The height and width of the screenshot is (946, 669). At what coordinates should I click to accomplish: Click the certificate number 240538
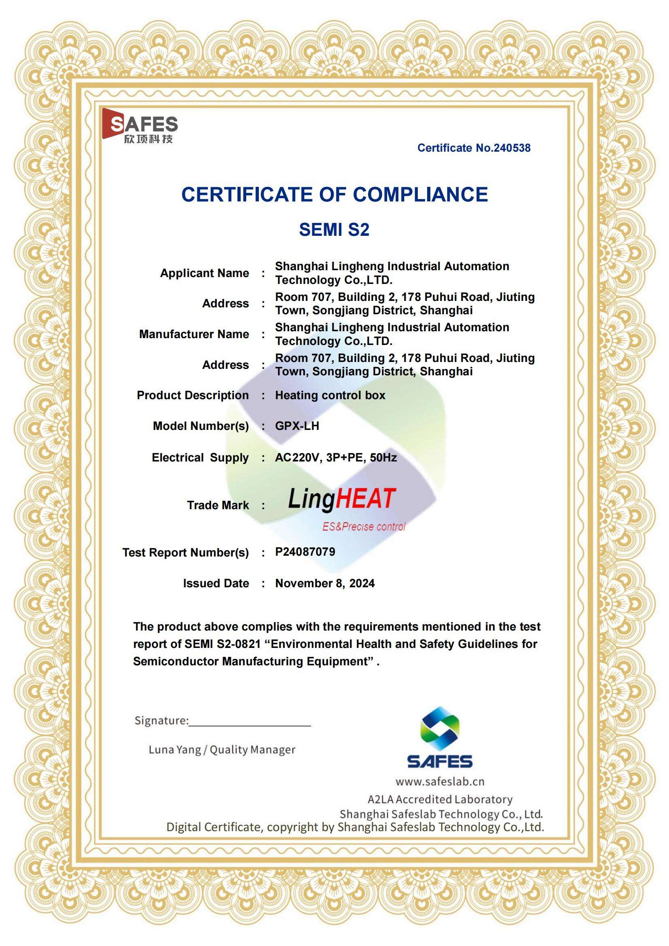point(474,148)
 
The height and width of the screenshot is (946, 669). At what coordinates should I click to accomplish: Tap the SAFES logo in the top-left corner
point(140,126)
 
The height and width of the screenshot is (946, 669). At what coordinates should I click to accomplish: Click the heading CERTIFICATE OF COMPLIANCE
point(334,195)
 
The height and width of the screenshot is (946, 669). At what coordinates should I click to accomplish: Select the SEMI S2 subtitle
point(334,229)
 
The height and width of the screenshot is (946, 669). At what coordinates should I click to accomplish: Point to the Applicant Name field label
point(204,273)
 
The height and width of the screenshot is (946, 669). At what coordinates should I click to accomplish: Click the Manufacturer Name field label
point(194,334)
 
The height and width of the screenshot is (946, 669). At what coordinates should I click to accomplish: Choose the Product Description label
point(193,395)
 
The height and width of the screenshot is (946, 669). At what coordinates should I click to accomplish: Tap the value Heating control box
point(330,395)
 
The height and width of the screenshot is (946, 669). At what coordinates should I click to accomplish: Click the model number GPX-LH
point(297,425)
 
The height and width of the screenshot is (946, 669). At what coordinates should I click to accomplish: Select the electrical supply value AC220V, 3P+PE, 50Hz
point(336,457)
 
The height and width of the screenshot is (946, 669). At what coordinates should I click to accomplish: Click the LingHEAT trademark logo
point(341,499)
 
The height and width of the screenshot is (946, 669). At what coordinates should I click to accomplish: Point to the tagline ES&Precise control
point(364,527)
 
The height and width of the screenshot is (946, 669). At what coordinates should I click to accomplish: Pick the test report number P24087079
point(305,552)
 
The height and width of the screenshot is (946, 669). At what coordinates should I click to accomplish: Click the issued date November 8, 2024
point(325,583)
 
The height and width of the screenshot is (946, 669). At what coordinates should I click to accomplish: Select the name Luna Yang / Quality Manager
point(222,750)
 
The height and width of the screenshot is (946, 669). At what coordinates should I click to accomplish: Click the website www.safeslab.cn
point(440,781)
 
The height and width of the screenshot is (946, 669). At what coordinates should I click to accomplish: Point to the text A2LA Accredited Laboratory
point(440,799)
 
